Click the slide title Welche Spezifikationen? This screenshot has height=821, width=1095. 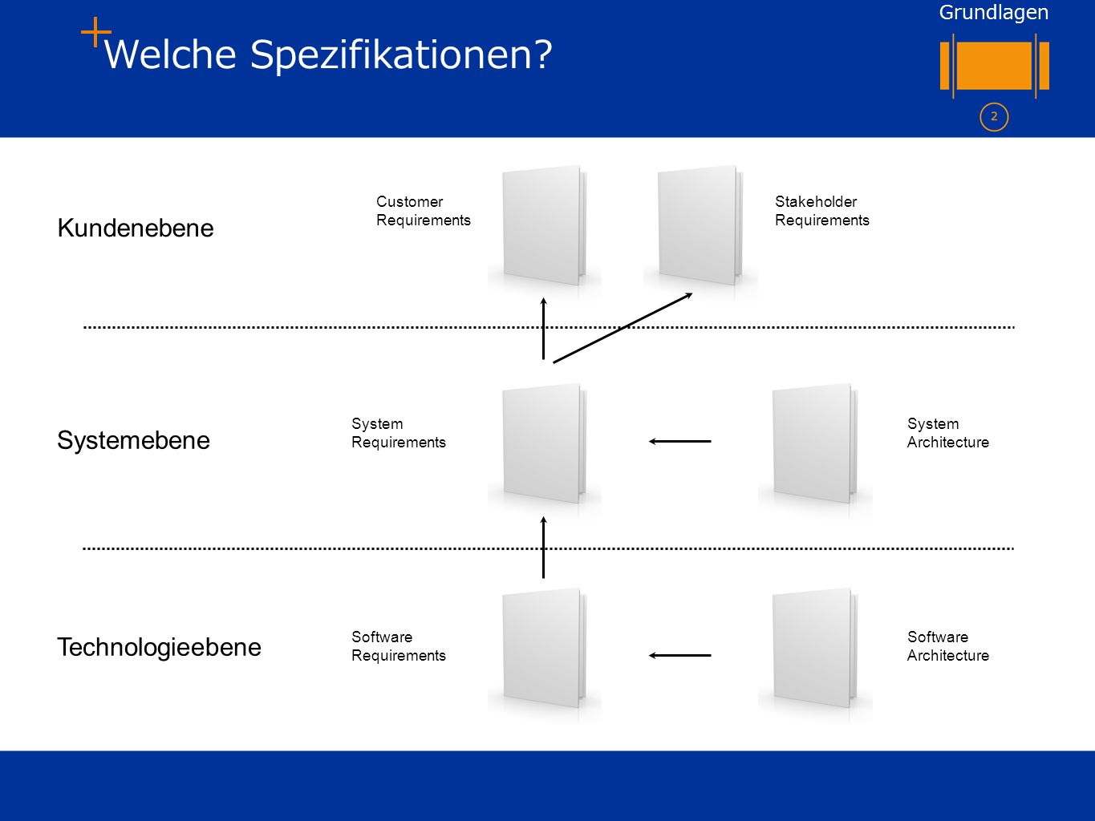(328, 55)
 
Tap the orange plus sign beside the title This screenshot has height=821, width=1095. (95, 32)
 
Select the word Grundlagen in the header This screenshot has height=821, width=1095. (994, 13)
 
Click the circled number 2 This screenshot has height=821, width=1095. (994, 117)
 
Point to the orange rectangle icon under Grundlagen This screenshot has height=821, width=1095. (994, 66)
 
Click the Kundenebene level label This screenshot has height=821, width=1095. (136, 229)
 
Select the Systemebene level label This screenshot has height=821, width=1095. (133, 441)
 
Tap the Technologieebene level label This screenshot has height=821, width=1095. (159, 648)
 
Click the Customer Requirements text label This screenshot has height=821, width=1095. (423, 211)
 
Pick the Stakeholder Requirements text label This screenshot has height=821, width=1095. (821, 211)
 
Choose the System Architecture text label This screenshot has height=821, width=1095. (948, 433)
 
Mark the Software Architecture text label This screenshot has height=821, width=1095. (948, 646)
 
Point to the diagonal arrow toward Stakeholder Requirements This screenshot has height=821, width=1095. (623, 328)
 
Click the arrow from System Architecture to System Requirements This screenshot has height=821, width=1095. (680, 441)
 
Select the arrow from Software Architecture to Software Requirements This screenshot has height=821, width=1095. (680, 656)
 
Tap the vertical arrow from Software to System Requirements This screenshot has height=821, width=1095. (543, 548)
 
